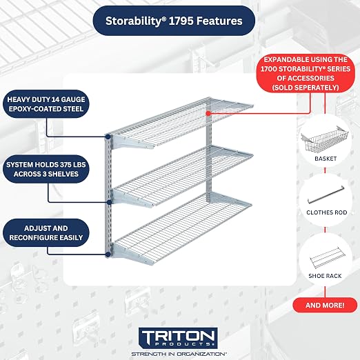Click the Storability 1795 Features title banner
point(174,21)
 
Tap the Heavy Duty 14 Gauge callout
point(46,104)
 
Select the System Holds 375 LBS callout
point(46,169)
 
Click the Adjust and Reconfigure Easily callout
point(46,233)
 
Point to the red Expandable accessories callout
point(306,73)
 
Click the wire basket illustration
point(325,139)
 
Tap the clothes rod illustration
point(326,195)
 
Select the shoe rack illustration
point(325,258)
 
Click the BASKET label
point(326,159)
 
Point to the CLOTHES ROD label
point(327,212)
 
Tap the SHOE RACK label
point(325,276)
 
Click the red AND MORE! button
point(325,306)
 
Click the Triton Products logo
point(178,338)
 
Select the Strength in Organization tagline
point(179,354)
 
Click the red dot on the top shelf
point(208,113)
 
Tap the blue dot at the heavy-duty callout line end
point(108,137)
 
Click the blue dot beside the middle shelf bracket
point(110,202)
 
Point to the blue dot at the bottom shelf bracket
point(108,254)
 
